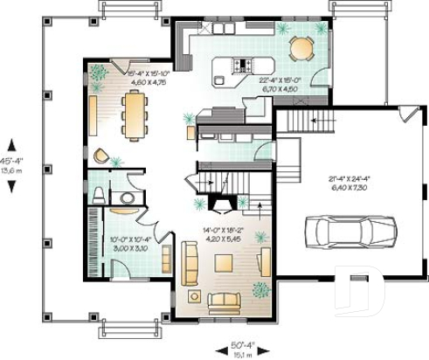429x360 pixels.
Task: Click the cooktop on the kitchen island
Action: [x=241, y=65]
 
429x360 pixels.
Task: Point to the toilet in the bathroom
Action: [x=100, y=192]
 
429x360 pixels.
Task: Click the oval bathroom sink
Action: [x=127, y=198]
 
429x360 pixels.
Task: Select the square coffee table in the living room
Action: [x=224, y=262]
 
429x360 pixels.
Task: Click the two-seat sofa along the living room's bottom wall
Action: [x=224, y=301]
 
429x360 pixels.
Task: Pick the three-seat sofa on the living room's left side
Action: [x=189, y=260]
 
